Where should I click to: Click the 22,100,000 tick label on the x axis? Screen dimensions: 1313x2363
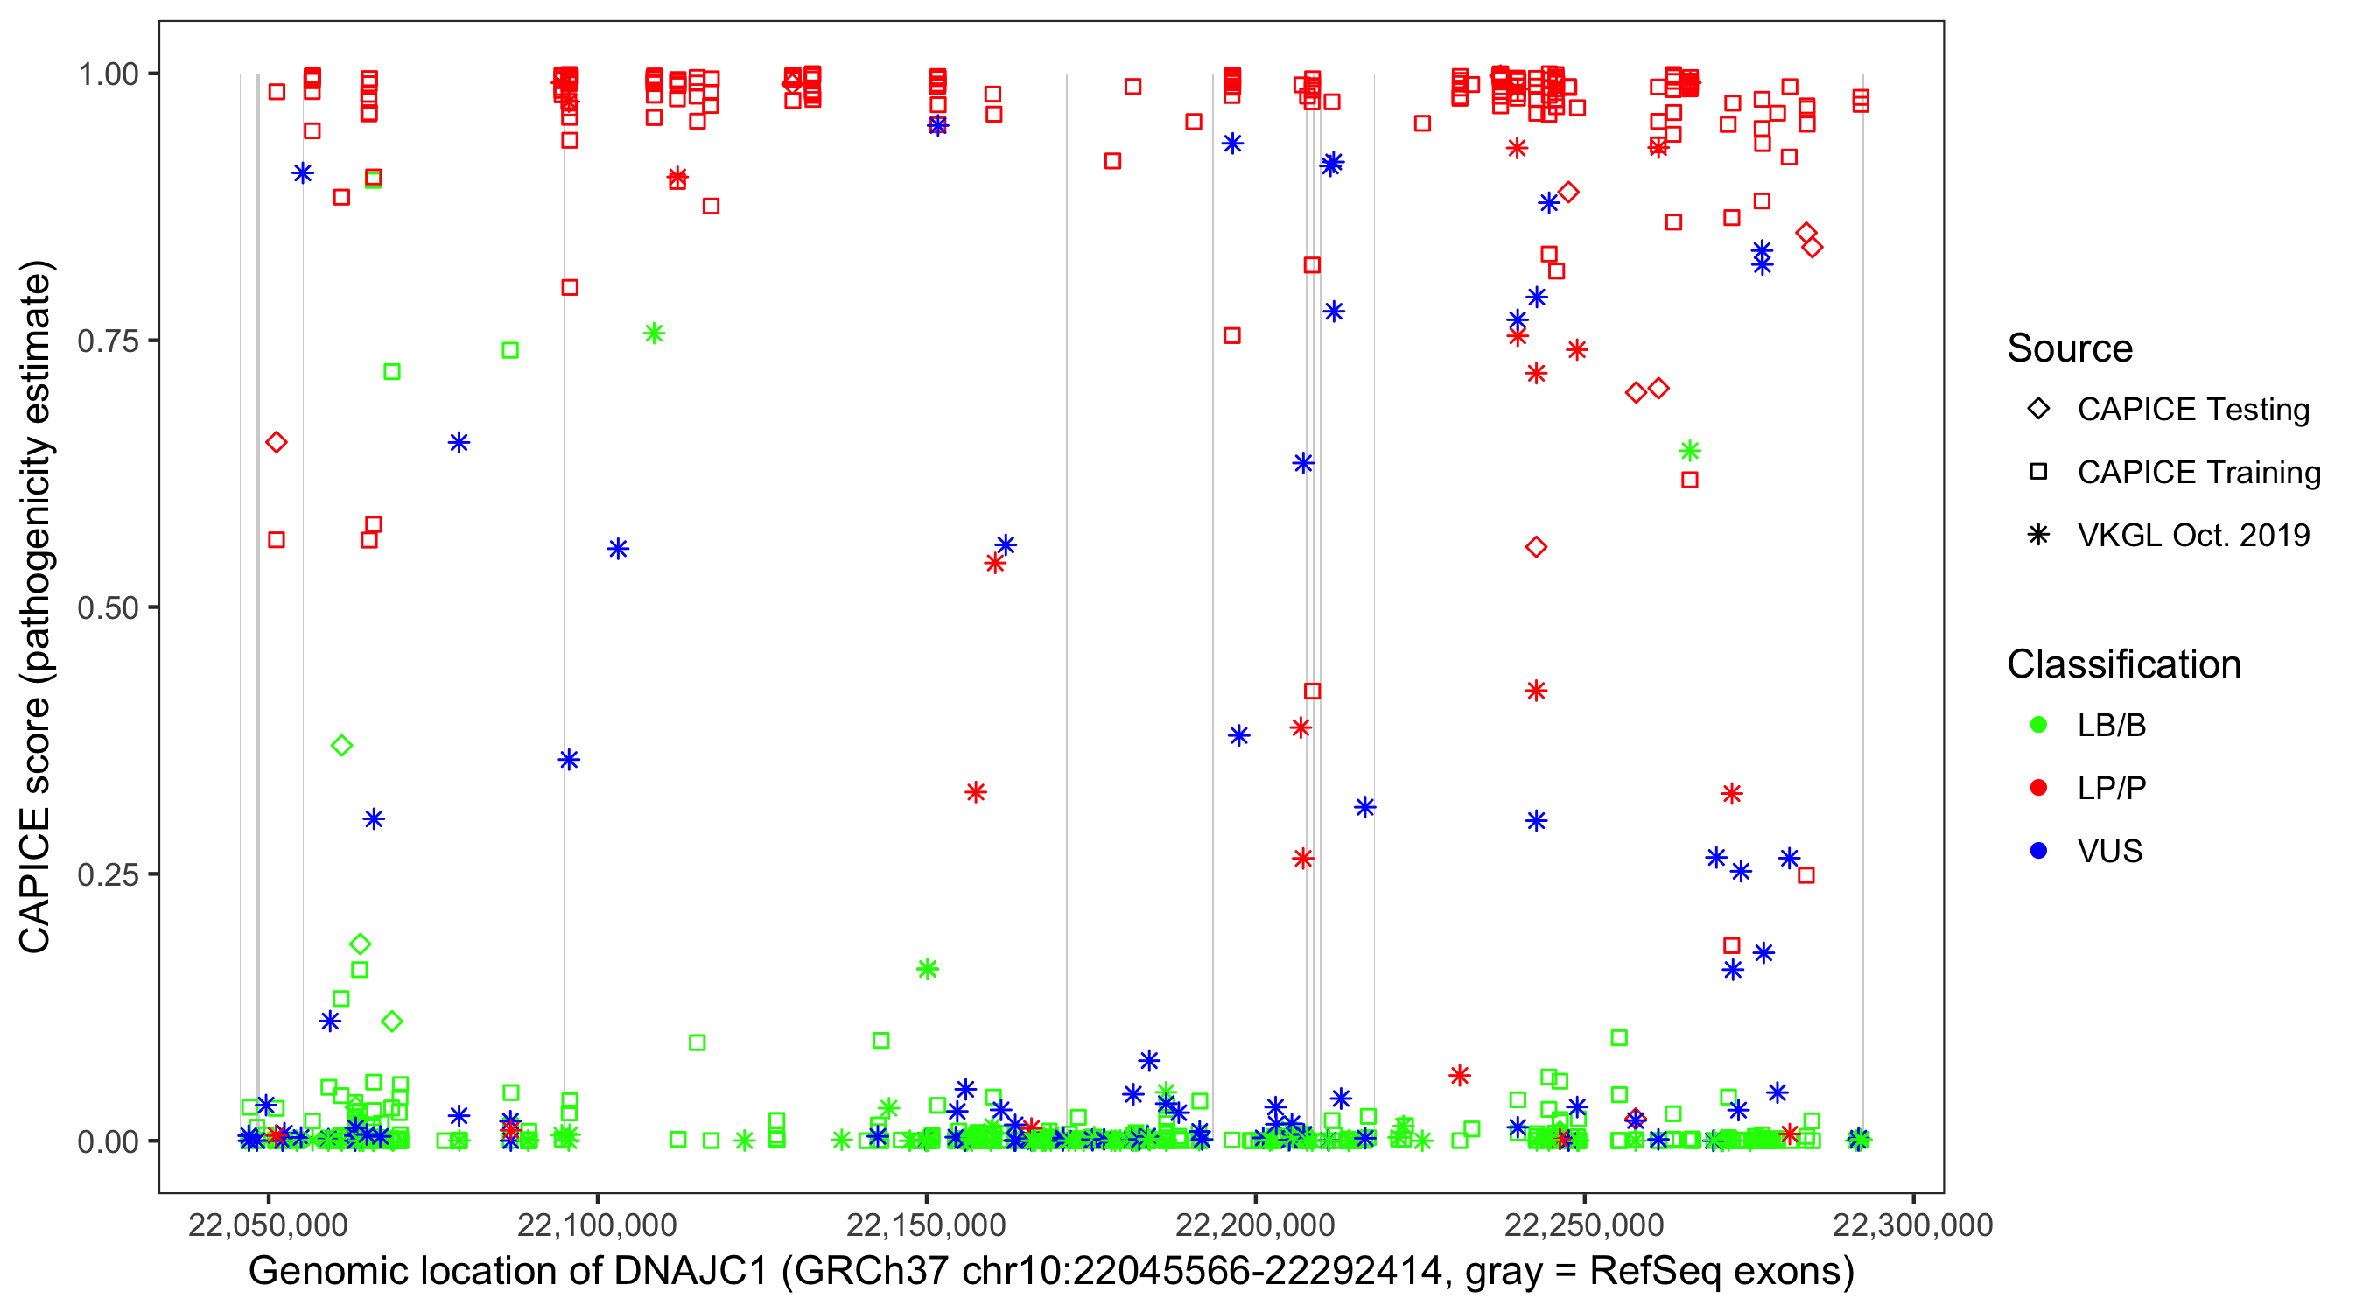tap(596, 1224)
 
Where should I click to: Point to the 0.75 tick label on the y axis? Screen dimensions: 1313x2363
tap(107, 341)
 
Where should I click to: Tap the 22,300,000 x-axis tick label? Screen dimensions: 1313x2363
tap(1912, 1224)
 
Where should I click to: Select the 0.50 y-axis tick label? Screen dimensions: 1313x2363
tap(107, 607)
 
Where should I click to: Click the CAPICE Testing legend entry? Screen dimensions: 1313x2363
tap(2192, 410)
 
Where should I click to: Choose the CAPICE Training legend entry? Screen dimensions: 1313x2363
tap(2198, 473)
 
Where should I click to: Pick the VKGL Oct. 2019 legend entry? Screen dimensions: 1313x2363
tap(2192, 535)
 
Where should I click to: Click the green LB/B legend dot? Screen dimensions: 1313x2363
tap(2039, 725)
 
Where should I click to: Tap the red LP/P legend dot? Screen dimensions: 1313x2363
tap(2039, 788)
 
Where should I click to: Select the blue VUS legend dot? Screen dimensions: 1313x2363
tap(2039, 851)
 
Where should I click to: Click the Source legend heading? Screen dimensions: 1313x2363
tap(2070, 348)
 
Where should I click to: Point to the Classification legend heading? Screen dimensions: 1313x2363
tap(2123, 664)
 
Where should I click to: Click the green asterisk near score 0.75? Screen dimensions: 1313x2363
tap(654, 334)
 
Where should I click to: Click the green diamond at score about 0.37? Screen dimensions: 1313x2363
tap(341, 745)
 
